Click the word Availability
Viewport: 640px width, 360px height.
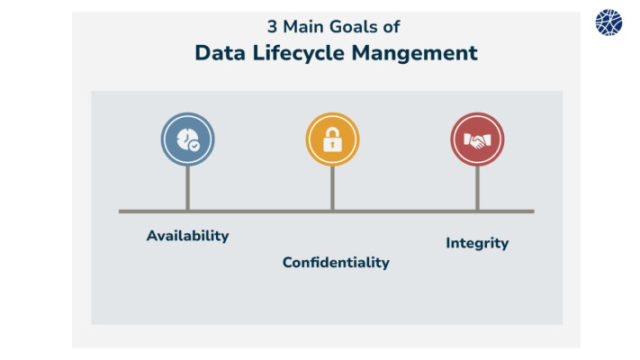pyautogui.click(x=188, y=236)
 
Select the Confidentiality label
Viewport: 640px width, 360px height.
pyautogui.click(x=336, y=262)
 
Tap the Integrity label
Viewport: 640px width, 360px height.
pyautogui.click(x=477, y=243)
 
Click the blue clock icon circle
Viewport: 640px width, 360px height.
pyautogui.click(x=188, y=139)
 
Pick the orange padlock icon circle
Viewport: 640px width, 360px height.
pyautogui.click(x=333, y=139)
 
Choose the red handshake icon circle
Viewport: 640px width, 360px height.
pyautogui.click(x=478, y=139)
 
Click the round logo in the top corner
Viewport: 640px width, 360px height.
pyautogui.click(x=608, y=22)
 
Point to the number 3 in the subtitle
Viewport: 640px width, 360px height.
pyautogui.click(x=272, y=27)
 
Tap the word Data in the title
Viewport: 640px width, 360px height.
pyautogui.click(x=220, y=53)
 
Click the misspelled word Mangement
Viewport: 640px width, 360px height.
pyautogui.click(x=414, y=54)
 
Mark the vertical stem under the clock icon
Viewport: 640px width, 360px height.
pyautogui.click(x=188, y=188)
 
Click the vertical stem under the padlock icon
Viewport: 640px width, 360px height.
pyautogui.click(x=333, y=188)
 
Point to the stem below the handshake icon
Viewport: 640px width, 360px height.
pyautogui.click(x=478, y=188)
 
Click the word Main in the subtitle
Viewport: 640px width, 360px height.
pyautogui.click(x=303, y=27)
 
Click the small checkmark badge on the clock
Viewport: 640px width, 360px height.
pyautogui.click(x=194, y=146)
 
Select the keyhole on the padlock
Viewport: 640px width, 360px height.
pyautogui.click(x=333, y=145)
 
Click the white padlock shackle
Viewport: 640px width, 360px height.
pyautogui.click(x=333, y=131)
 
